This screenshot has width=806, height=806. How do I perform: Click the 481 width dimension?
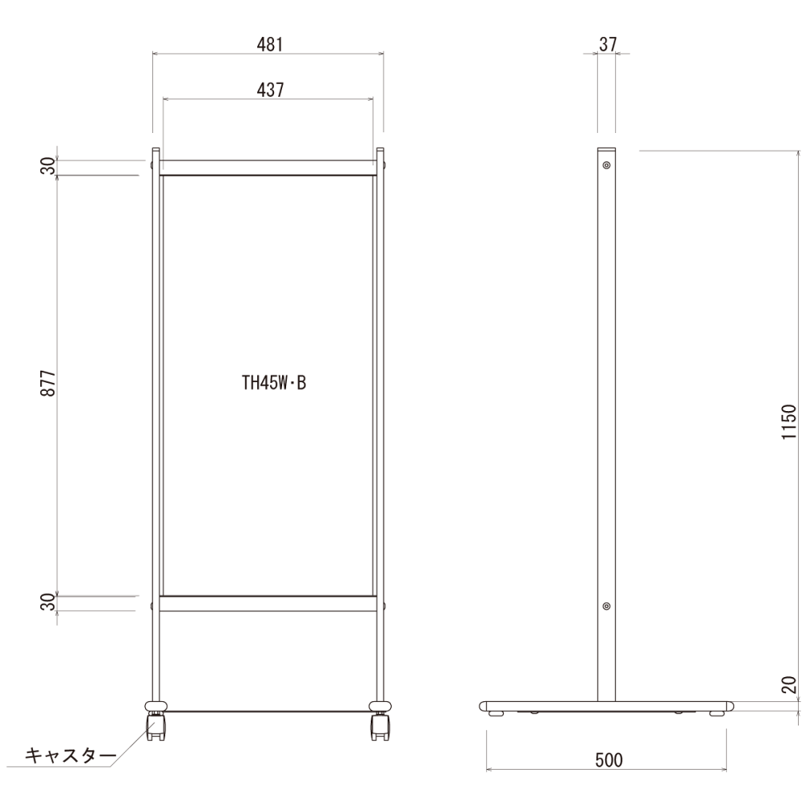(x=270, y=44)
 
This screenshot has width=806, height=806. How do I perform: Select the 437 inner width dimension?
(x=270, y=90)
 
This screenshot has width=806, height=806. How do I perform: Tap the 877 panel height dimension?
(x=48, y=382)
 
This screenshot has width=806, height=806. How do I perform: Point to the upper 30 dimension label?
(x=48, y=166)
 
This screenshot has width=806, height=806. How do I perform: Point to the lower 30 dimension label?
(x=48, y=601)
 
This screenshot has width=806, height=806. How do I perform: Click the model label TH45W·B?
(x=274, y=383)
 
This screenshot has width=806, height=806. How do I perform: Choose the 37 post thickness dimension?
(x=608, y=44)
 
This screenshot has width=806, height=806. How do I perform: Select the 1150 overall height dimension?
(x=788, y=422)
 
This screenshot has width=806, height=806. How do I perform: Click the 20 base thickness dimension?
(x=788, y=685)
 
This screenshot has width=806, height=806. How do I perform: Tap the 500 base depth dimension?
(x=609, y=760)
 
